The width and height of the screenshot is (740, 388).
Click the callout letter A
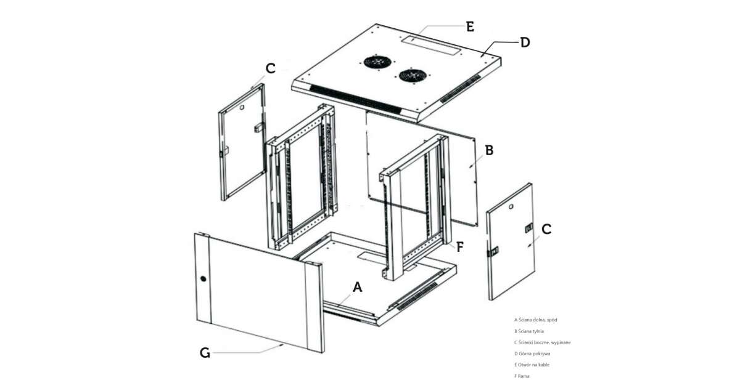click(358, 288)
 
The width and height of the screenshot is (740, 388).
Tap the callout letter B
click(489, 150)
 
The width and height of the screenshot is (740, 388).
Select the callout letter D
click(525, 42)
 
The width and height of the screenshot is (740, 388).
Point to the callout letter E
click(470, 26)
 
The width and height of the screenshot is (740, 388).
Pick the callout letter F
click(460, 247)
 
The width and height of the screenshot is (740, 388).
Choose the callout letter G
click(205, 354)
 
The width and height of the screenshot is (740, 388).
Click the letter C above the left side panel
click(270, 68)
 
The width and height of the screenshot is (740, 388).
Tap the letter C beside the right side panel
click(546, 229)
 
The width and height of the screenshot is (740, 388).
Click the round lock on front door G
click(203, 279)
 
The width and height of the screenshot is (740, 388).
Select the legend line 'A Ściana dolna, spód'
click(535, 320)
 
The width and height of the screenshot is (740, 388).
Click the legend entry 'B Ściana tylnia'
click(529, 331)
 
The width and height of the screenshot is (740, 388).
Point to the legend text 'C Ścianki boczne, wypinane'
click(543, 342)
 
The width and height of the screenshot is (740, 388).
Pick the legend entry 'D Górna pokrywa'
click(532, 354)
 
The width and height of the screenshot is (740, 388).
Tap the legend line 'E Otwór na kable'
click(532, 365)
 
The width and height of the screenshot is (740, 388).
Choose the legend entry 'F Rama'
click(522, 376)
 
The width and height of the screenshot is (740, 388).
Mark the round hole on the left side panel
click(242, 108)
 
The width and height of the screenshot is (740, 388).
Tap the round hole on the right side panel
click(511, 206)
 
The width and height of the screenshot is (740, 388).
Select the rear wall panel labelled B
click(422, 168)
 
